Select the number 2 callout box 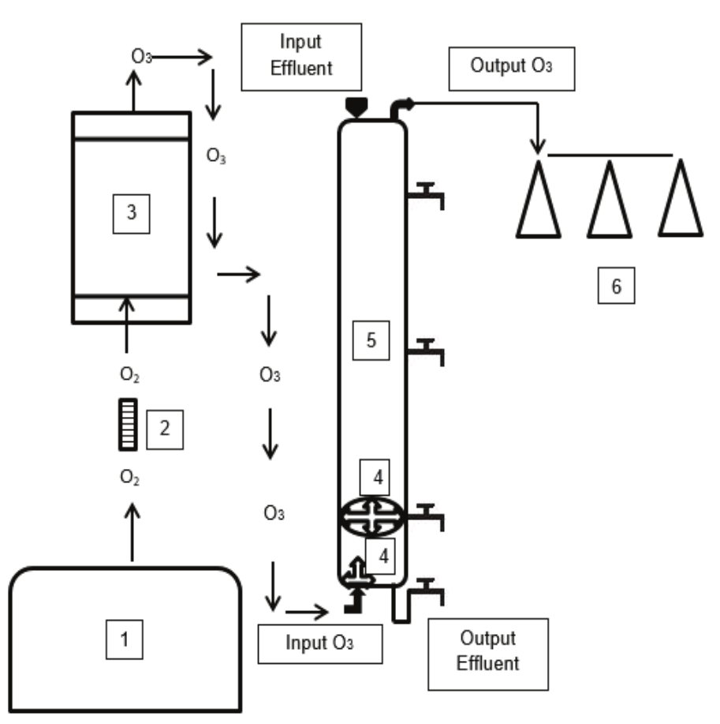pos(164,428)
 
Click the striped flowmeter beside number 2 pos(127,425)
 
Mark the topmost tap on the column pos(426,194)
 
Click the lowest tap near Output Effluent pos(426,588)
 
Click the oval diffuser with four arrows pos(371,516)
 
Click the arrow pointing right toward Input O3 pos(306,610)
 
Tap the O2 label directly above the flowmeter pos(132,373)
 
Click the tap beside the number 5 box pos(426,350)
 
